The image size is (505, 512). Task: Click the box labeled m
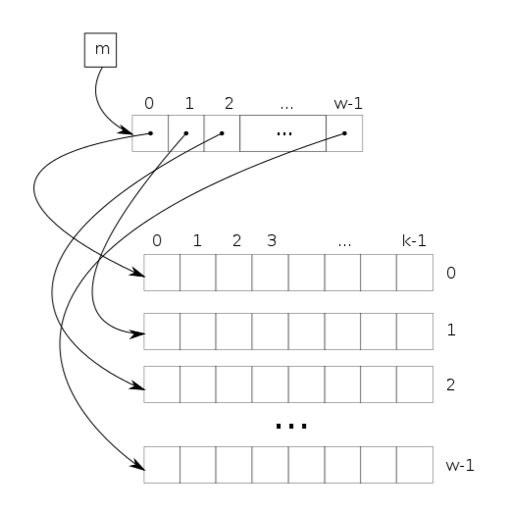point(100,50)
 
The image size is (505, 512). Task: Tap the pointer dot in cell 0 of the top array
point(150,133)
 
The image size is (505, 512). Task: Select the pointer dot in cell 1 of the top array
point(186,133)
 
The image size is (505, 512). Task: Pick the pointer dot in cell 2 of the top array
point(222,133)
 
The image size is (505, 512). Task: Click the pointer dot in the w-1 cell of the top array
point(344,133)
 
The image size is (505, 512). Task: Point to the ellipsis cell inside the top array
point(282,133)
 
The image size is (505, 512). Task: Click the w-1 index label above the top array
point(348,103)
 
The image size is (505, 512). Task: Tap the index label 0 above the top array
point(149,103)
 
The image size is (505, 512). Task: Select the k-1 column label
point(414,240)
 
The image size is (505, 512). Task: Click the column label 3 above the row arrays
point(272,240)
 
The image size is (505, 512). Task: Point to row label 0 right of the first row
point(451,273)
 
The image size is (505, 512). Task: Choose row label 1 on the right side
point(451,330)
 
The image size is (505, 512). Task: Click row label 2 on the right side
point(450,384)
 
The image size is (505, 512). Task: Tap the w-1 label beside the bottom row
point(460,465)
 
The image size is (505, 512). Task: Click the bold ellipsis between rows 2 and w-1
point(291,426)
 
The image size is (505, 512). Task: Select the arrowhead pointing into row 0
point(137,272)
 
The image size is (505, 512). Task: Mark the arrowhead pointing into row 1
point(137,334)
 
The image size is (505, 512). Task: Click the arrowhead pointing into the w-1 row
point(138,465)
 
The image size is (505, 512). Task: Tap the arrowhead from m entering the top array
point(126,130)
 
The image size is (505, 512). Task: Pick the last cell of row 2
point(415,384)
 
